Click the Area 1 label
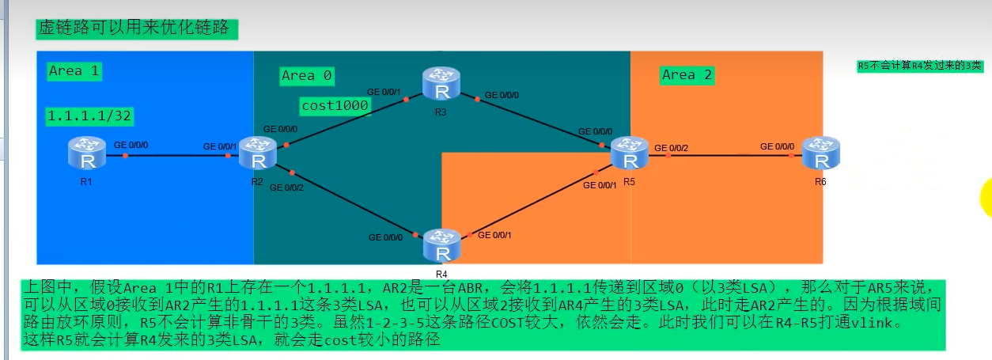74,71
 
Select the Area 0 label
306,76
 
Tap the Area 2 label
687,75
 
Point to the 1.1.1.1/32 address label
89,116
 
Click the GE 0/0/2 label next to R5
671,147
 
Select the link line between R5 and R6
728,156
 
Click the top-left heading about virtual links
137,29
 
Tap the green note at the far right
919,66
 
